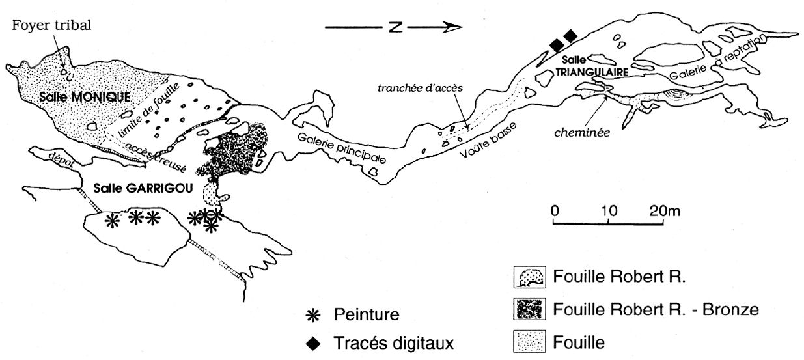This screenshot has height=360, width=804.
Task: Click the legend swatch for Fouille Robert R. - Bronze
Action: pyautogui.click(x=527, y=310)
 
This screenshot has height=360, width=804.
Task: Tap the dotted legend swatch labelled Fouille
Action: pyautogui.click(x=527, y=340)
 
